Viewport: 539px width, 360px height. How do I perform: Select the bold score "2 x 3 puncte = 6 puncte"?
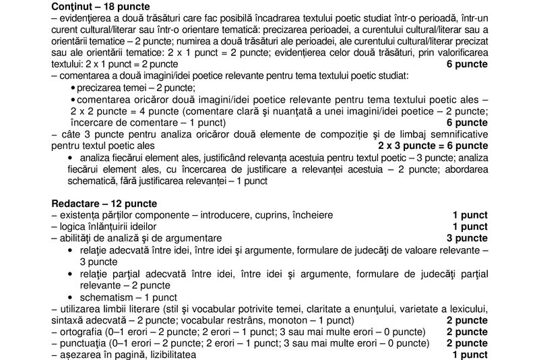pyautogui.click(x=433, y=146)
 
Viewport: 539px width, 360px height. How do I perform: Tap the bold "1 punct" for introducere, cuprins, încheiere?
pyautogui.click(x=470, y=215)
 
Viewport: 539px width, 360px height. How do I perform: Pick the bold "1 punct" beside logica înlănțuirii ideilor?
pyautogui.click(x=470, y=227)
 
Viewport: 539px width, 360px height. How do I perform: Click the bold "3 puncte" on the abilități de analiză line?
pyautogui.click(x=467, y=238)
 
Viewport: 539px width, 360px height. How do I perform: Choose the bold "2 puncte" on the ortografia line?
pyautogui.click(x=467, y=332)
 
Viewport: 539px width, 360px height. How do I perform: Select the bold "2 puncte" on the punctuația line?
pyautogui.click(x=467, y=343)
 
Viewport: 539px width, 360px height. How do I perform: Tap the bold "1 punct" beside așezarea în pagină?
pyautogui.click(x=470, y=355)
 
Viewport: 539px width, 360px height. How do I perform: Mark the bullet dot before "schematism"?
pyautogui.click(x=72, y=297)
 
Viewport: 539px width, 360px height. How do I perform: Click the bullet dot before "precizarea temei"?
pyautogui.click(x=73, y=88)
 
